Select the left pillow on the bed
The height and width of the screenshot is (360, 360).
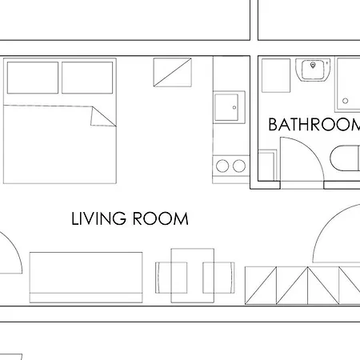tap(33, 78)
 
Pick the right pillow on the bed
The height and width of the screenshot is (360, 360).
tap(86, 78)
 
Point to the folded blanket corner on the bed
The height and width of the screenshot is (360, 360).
tap(102, 116)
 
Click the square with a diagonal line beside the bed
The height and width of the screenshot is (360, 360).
tap(173, 73)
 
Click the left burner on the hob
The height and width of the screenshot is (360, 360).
tap(222, 166)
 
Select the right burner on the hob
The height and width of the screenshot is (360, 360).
tap(238, 166)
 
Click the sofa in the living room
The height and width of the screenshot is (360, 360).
tap(86, 277)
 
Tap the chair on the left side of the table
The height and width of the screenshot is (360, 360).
tap(164, 276)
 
